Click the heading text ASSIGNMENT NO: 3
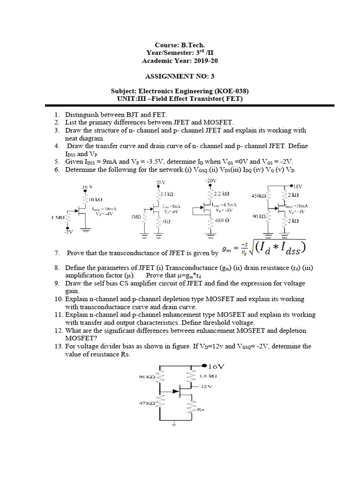pos(180,76)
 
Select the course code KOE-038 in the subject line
pos(230,91)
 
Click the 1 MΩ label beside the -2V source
pos(60,217)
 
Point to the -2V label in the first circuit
pos(68,232)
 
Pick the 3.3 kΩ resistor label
pos(167,194)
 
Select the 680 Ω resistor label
pos(222,220)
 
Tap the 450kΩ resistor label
pos(258,196)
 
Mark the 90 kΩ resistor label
pos(259,217)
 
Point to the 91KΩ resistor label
pos(148,377)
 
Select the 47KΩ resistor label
pos(147,403)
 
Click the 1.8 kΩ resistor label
pos(208,376)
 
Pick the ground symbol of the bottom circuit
pos(174,425)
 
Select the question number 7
pos(57,253)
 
